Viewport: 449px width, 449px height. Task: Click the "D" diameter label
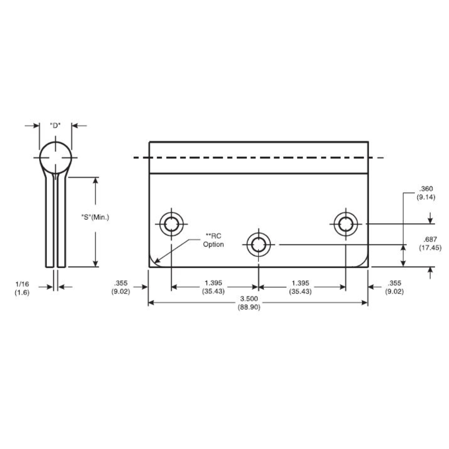(x=55, y=126)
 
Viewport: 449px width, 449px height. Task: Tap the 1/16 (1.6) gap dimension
(x=22, y=288)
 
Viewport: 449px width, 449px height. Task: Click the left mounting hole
(x=171, y=224)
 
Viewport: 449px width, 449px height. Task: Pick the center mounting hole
(x=259, y=245)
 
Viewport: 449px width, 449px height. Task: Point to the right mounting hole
(x=345, y=224)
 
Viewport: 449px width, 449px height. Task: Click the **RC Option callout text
(x=213, y=240)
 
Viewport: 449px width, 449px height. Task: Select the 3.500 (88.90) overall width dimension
(x=249, y=303)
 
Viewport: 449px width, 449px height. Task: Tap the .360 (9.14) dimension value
(x=426, y=193)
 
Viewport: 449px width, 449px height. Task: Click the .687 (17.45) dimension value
(x=430, y=243)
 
